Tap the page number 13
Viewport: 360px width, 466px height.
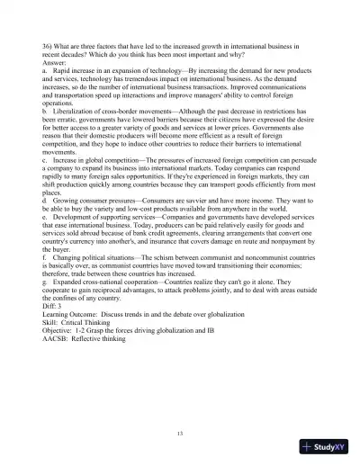coord(180,435)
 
